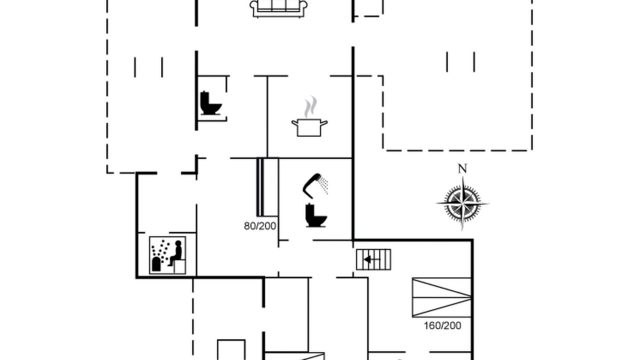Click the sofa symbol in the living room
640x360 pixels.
click(278, 8)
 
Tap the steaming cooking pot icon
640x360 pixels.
click(309, 116)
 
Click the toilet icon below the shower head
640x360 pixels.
click(315, 215)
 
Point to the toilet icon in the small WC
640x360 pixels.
click(211, 103)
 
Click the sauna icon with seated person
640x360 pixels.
click(167, 255)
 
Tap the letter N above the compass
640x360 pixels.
click(462, 169)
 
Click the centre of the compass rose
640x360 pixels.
click(462, 203)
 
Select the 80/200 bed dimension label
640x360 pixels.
click(260, 226)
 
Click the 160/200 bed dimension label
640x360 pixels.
click(442, 325)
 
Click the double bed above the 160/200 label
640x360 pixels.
click(441, 297)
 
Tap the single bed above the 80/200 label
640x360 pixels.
click(267, 187)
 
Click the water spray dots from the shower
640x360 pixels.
click(324, 185)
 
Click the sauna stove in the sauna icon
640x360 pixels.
click(156, 264)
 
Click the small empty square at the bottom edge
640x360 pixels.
click(231, 349)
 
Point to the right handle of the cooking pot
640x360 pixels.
click(324, 123)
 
